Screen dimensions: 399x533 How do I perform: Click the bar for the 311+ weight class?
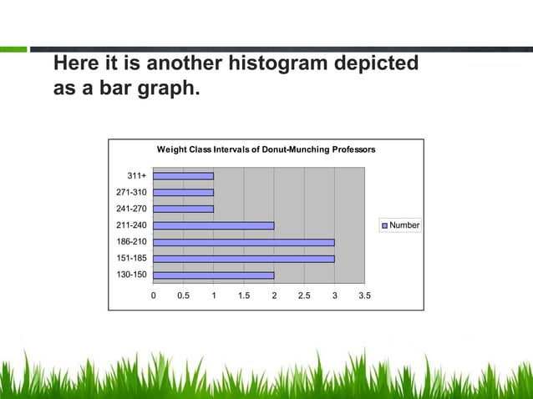pyautogui.click(x=183, y=175)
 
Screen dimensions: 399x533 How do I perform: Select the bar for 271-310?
pyautogui.click(x=183, y=192)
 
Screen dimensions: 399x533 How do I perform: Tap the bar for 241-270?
pyautogui.click(x=183, y=209)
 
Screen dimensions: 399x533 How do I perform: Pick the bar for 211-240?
pyautogui.click(x=213, y=225)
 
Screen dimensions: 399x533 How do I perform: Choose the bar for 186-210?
pyautogui.click(x=243, y=242)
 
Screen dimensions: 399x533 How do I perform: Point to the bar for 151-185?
pyautogui.click(x=243, y=259)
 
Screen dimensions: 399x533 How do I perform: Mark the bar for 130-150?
pyautogui.click(x=213, y=275)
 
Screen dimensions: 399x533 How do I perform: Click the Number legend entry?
pyautogui.click(x=401, y=225)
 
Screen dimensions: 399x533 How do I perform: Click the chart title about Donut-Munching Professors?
pyautogui.click(x=266, y=149)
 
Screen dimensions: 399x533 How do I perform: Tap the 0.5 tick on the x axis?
pyautogui.click(x=183, y=295)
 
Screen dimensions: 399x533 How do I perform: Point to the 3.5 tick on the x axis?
pyautogui.click(x=364, y=295)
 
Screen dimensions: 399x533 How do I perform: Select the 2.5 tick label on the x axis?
pyautogui.click(x=304, y=295)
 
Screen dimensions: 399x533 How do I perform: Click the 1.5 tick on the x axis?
pyautogui.click(x=243, y=295)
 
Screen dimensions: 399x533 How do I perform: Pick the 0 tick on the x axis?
pyautogui.click(x=153, y=295)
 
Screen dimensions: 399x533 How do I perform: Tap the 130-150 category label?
pyautogui.click(x=130, y=275)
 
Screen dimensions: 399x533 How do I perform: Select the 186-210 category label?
pyautogui.click(x=130, y=242)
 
